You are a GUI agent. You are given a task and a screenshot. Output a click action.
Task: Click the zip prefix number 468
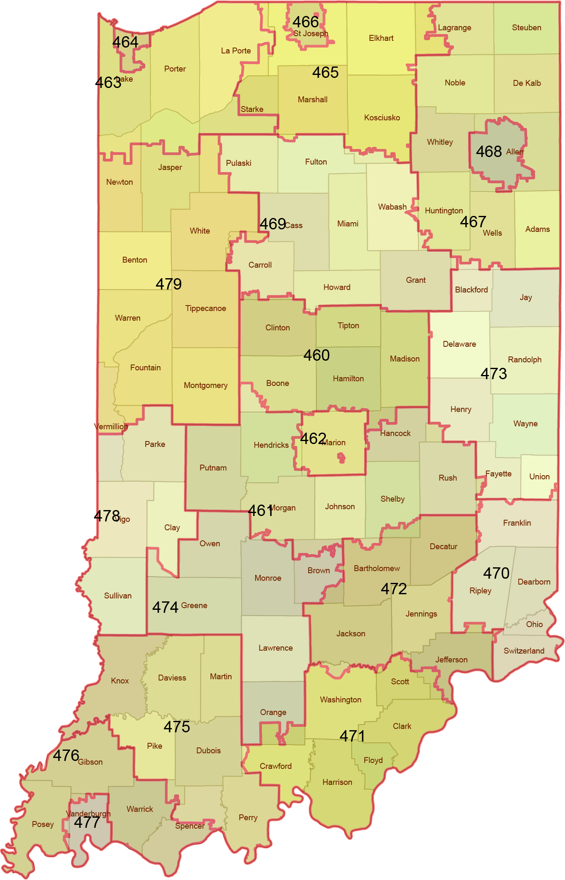point(488,152)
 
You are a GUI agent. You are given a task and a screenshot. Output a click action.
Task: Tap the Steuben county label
point(526,28)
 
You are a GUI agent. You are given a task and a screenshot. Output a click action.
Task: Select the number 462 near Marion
point(313,439)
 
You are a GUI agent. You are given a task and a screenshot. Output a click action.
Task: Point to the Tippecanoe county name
point(205,308)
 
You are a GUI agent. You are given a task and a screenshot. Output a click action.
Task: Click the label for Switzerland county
point(524,651)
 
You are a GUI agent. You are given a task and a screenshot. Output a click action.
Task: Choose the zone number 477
point(87,822)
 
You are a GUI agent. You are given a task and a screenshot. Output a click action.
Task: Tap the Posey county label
point(43,824)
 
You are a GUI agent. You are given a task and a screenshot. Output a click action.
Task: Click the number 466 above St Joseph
point(306,22)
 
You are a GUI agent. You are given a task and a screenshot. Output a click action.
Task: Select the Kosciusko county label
point(382,118)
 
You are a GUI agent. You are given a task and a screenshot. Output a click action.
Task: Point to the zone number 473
point(493,374)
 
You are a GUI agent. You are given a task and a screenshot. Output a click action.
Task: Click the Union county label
point(539,477)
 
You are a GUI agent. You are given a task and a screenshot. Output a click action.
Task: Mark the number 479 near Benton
point(168,284)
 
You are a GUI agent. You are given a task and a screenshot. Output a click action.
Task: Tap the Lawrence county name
point(275,648)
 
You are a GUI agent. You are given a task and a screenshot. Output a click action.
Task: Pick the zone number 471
point(352,736)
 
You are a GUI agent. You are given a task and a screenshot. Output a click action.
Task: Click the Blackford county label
point(471,290)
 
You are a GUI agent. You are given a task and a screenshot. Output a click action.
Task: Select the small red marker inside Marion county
point(341,457)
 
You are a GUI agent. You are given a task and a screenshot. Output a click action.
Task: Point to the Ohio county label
point(534,625)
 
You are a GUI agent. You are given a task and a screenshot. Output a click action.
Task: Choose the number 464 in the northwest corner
point(125,42)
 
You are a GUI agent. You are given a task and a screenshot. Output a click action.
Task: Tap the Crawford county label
point(275,766)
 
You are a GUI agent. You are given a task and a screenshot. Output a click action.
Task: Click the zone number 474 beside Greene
point(165,607)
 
